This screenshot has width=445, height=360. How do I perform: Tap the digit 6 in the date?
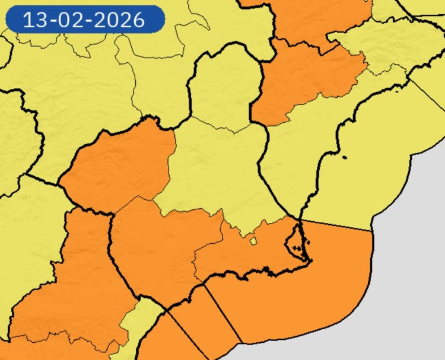click(x=139, y=20)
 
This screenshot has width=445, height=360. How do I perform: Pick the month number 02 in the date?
click(x=69, y=20)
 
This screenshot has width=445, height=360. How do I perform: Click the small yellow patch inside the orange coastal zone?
click(x=253, y=241)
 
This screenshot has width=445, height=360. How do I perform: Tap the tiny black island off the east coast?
click(x=344, y=157)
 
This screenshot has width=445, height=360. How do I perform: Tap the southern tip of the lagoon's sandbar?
click(x=308, y=260)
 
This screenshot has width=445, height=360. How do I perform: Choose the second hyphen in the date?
click(x=89, y=20)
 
